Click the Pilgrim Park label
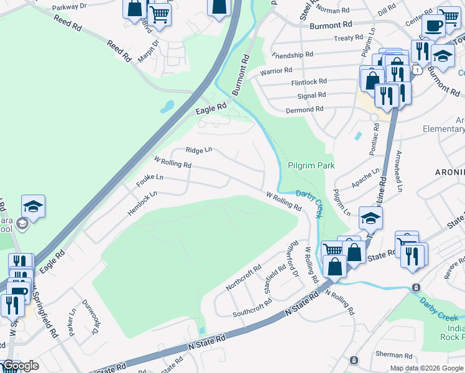(311, 166)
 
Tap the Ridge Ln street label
(199, 150)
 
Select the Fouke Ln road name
(150, 181)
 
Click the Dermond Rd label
(304, 109)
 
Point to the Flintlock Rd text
(309, 82)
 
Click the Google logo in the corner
(20, 366)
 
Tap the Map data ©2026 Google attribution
(426, 368)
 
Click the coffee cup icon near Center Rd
(433, 26)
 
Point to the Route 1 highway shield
(420, 70)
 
